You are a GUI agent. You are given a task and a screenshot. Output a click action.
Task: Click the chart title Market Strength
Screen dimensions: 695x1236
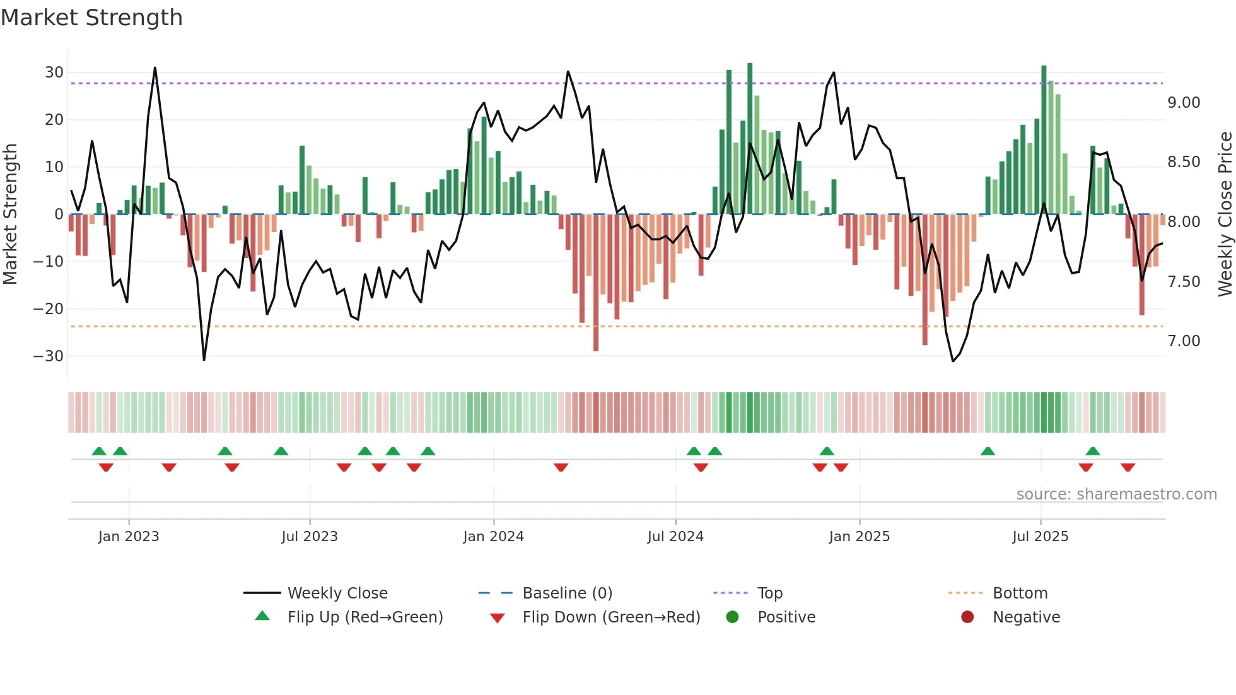pyautogui.click(x=91, y=18)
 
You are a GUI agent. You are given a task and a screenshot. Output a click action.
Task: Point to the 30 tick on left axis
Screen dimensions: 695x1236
pyautogui.click(x=54, y=73)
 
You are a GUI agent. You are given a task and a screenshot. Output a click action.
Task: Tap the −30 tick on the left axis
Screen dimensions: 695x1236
pyautogui.click(x=49, y=356)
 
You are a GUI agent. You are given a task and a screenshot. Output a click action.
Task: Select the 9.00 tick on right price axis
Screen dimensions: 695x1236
pyautogui.click(x=1184, y=103)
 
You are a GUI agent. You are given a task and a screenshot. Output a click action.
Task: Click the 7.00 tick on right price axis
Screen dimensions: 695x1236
pyautogui.click(x=1184, y=341)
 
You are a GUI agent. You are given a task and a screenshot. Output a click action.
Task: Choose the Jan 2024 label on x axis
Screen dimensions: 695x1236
pyautogui.click(x=493, y=537)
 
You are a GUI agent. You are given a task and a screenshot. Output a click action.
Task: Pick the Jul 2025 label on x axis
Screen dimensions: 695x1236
pyautogui.click(x=1040, y=537)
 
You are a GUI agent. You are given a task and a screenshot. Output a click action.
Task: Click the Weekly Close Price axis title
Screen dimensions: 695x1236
pyautogui.click(x=1225, y=214)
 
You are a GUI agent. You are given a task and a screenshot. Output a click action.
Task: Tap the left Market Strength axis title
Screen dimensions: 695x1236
pyautogui.click(x=10, y=214)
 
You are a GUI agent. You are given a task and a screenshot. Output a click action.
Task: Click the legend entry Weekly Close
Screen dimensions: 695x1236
pyautogui.click(x=337, y=593)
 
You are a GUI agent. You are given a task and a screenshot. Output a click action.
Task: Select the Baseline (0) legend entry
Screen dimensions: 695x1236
pyautogui.click(x=567, y=593)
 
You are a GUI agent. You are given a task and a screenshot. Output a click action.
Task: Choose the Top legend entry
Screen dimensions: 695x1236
pyautogui.click(x=769, y=593)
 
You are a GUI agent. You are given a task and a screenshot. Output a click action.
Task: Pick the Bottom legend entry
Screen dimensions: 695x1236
pyautogui.click(x=1020, y=593)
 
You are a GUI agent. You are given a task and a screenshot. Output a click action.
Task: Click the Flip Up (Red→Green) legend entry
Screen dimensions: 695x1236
pyautogui.click(x=364, y=617)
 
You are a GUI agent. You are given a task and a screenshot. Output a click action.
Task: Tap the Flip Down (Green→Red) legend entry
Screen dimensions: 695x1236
pyautogui.click(x=611, y=617)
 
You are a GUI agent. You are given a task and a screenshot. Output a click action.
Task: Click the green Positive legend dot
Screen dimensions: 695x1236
pyautogui.click(x=732, y=617)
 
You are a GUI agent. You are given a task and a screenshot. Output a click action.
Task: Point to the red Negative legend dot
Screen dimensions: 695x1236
pyautogui.click(x=967, y=617)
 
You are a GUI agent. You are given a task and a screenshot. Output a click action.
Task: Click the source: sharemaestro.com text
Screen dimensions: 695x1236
pyautogui.click(x=1116, y=494)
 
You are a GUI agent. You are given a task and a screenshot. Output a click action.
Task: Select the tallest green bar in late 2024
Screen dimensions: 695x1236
pyautogui.click(x=750, y=139)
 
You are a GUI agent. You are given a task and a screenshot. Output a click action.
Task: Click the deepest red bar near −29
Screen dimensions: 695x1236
pyautogui.click(x=596, y=284)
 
